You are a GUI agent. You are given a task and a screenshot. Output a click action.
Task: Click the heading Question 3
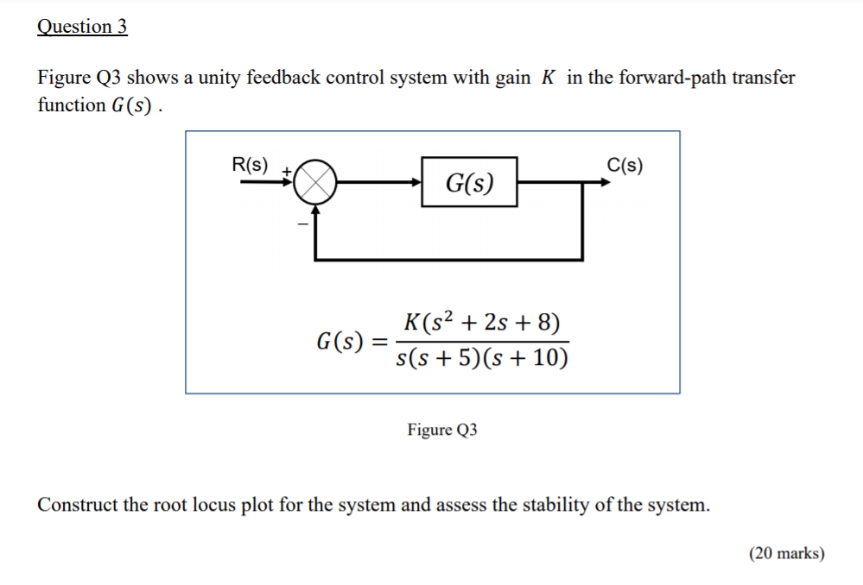(x=82, y=27)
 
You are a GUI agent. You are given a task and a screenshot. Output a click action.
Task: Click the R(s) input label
(x=250, y=164)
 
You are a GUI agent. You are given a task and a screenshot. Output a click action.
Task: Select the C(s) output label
(x=625, y=165)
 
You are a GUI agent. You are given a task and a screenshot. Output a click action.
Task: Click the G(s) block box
(x=469, y=182)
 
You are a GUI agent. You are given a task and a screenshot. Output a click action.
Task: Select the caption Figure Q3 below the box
(x=442, y=430)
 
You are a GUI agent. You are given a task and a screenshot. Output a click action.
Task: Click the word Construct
(x=77, y=505)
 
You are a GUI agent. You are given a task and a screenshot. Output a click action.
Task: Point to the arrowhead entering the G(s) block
(x=416, y=183)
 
